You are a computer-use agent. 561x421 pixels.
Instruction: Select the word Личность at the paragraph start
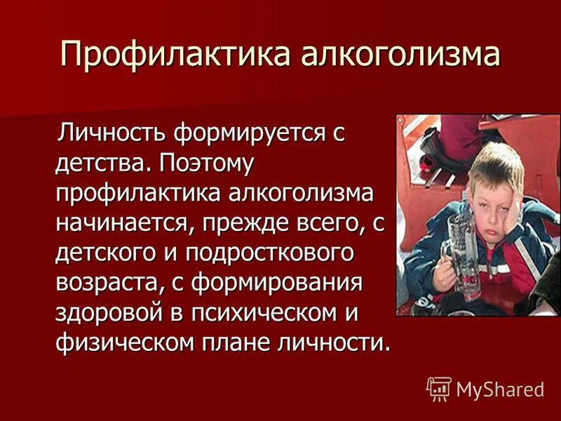[105, 131]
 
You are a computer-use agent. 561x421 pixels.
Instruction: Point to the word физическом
[121, 345]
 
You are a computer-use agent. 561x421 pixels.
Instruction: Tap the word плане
[234, 345]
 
